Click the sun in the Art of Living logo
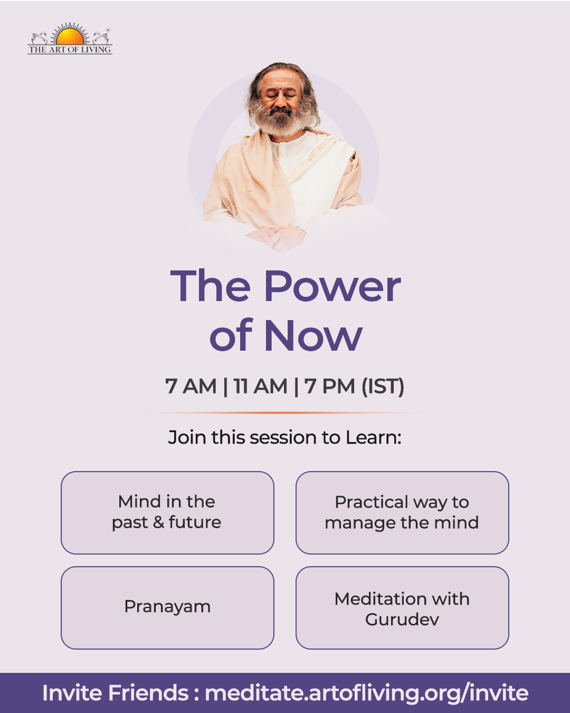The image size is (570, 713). (x=70, y=36)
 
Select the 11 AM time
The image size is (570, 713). (x=260, y=386)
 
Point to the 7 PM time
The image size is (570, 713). (x=330, y=386)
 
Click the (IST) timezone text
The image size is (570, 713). (x=383, y=386)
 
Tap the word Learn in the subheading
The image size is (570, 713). (x=373, y=437)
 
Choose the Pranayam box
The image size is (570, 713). (x=167, y=608)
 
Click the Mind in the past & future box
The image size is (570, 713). (x=167, y=512)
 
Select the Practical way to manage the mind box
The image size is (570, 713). (x=402, y=512)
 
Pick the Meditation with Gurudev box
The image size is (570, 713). (x=402, y=608)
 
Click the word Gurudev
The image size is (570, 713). (x=402, y=619)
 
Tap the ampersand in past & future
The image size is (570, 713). (x=159, y=522)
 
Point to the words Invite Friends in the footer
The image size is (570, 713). (x=116, y=693)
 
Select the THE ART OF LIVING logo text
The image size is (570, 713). (x=70, y=50)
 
